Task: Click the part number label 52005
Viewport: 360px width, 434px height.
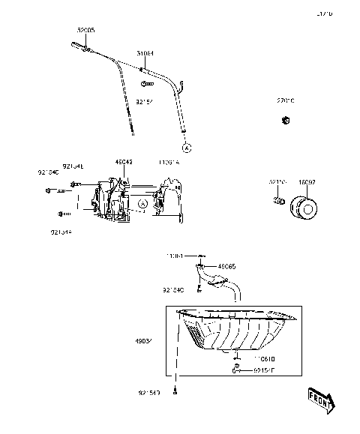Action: pyautogui.click(x=86, y=30)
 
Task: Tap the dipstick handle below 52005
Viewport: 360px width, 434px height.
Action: pyautogui.click(x=80, y=49)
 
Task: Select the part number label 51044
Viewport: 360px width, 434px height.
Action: pyautogui.click(x=145, y=54)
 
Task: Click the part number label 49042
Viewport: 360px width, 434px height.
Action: pyautogui.click(x=124, y=161)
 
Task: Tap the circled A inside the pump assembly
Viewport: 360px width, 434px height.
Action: pyautogui.click(x=142, y=203)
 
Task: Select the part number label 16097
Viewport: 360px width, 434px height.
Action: pyautogui.click(x=307, y=181)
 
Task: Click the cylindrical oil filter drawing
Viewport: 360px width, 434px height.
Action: pyautogui.click(x=305, y=207)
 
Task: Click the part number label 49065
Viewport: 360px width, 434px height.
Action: pyautogui.click(x=226, y=265)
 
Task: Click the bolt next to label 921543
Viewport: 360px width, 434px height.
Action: pyautogui.click(x=175, y=411)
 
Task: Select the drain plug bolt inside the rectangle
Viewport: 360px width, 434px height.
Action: pyautogui.click(x=235, y=369)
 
